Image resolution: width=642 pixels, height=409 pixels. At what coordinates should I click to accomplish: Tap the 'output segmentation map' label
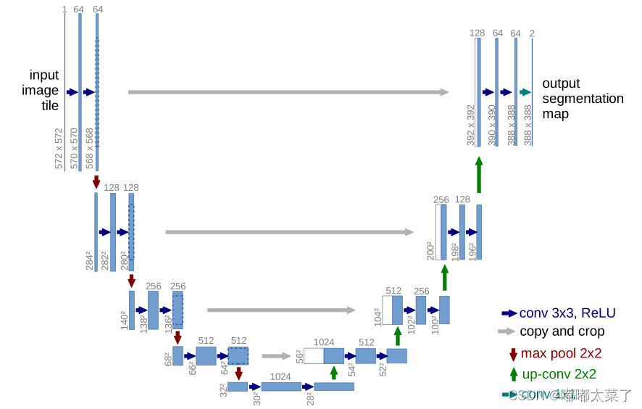coord(582,99)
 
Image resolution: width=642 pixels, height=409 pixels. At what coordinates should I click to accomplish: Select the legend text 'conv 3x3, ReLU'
coord(567,313)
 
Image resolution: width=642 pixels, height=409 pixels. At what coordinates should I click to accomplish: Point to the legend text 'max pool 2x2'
coord(561,354)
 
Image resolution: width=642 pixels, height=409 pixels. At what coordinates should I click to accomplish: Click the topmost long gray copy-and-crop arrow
coord(288,92)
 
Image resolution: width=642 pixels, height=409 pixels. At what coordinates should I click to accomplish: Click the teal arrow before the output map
coord(525,92)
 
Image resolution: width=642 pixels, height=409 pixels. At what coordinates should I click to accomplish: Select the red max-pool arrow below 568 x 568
coord(96,182)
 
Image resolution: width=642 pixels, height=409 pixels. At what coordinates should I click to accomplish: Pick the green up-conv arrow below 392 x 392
coord(478,175)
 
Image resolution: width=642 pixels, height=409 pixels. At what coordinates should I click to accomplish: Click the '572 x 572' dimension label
coord(59,148)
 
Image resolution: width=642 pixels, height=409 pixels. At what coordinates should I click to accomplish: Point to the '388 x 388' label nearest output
coord(528,125)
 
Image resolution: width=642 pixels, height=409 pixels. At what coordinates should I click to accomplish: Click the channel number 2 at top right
coord(532,33)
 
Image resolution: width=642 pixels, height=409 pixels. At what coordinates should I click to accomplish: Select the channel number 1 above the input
coord(64,9)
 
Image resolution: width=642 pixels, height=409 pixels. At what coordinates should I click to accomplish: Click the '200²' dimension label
coord(430,251)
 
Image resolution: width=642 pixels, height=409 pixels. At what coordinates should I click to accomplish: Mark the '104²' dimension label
coord(378,317)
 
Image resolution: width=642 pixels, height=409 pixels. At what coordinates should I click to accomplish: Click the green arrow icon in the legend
coord(513,374)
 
